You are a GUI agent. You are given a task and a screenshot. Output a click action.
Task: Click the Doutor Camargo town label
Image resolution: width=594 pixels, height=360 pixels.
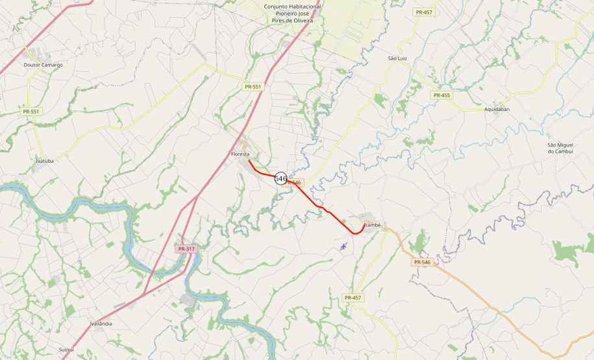pyautogui.click(x=43, y=65)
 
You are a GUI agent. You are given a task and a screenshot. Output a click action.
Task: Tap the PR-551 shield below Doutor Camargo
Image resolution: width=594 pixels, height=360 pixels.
pyautogui.click(x=31, y=112)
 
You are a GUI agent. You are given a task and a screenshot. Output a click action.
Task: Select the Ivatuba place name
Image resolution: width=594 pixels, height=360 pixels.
pyautogui.click(x=44, y=160)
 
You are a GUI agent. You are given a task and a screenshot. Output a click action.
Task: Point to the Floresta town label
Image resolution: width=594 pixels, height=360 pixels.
pyautogui.click(x=240, y=154)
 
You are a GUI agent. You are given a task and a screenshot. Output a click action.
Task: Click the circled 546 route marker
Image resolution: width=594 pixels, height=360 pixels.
pyautogui.click(x=281, y=178)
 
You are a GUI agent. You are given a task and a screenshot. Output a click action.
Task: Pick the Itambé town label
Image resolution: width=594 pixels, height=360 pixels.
pyautogui.click(x=371, y=224)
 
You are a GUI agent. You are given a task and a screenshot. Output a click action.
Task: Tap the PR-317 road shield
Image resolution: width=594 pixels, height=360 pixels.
pyautogui.click(x=186, y=249)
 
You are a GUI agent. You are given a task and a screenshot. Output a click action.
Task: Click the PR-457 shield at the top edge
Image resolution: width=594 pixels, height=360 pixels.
pyautogui.click(x=423, y=12)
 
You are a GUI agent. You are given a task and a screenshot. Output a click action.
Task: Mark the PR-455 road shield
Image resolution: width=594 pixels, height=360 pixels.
pyautogui.click(x=441, y=95)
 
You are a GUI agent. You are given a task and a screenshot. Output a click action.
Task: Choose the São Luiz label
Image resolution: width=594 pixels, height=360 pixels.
pyautogui.click(x=397, y=58)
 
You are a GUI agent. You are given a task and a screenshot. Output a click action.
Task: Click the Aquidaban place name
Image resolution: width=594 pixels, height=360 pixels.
pyautogui.click(x=497, y=109)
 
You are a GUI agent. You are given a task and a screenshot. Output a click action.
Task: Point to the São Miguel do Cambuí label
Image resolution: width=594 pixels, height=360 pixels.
pyautogui.click(x=560, y=148)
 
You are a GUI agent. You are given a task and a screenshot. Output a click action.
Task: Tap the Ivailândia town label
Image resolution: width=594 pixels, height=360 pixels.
pyautogui.click(x=101, y=323)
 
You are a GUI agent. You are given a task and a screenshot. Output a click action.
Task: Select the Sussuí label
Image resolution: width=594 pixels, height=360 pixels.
pyautogui.click(x=66, y=349)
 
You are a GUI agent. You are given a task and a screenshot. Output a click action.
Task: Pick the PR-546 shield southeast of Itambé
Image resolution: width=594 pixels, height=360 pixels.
pyautogui.click(x=421, y=262)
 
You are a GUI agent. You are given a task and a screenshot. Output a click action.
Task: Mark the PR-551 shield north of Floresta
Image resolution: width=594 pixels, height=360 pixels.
pyautogui.click(x=253, y=86)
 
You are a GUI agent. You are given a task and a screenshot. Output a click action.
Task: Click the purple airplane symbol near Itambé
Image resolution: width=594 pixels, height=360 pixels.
pyautogui.click(x=343, y=245)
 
